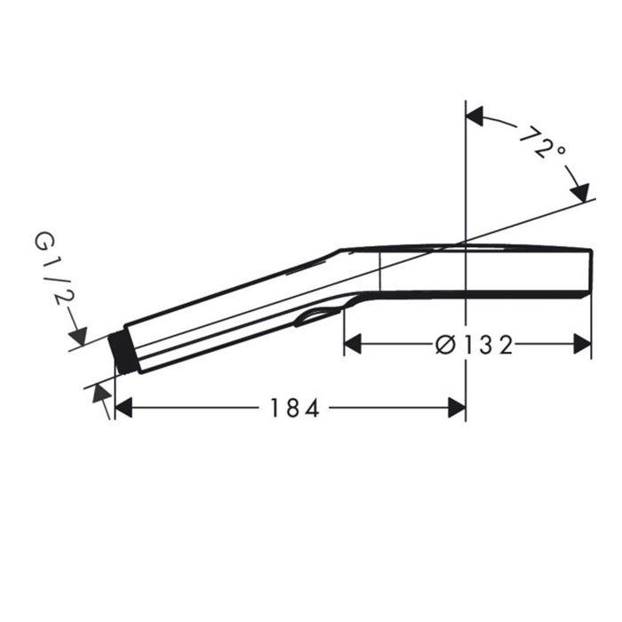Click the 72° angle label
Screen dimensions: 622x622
coord(542,143)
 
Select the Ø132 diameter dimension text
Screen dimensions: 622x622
coord(474,345)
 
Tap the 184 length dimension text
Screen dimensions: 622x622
coord(294,408)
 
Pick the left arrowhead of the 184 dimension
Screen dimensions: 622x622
coord(124,408)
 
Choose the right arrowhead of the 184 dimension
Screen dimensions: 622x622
coord(457,408)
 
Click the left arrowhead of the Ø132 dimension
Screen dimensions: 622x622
coord(353,344)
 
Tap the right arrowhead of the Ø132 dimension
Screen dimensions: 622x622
coord(582,344)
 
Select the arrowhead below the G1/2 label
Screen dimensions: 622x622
coord(78,337)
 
